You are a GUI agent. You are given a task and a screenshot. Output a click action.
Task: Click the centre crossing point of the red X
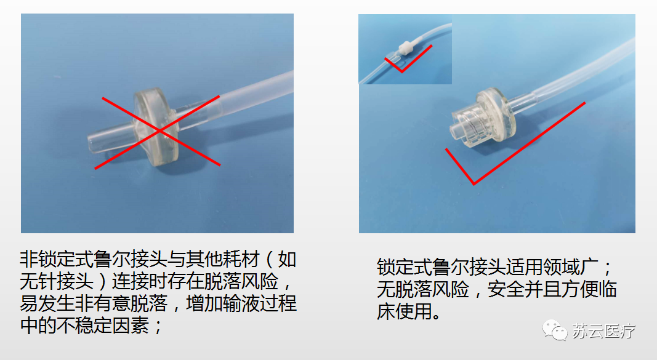pyautogui.click(x=159, y=130)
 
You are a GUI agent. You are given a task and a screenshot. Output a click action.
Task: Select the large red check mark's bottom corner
pyautogui.click(x=473, y=183)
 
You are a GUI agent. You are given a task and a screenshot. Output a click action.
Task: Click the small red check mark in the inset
pyautogui.click(x=401, y=68)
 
